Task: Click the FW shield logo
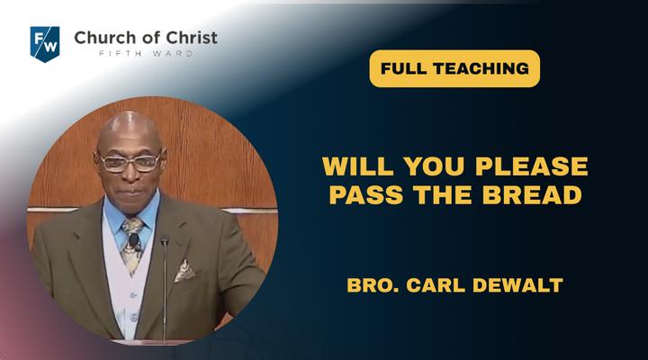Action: point(45,44)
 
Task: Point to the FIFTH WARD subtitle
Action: point(146,53)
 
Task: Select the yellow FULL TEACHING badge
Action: point(454,68)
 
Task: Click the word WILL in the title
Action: point(358,166)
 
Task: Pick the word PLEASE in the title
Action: point(532,166)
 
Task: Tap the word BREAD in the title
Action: point(532,194)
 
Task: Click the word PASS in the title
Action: point(366,194)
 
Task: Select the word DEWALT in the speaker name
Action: point(517,285)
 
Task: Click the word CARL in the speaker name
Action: point(436,285)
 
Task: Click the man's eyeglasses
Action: point(130,162)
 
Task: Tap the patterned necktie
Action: point(131,246)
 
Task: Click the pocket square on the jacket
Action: point(184,271)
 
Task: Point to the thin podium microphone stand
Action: point(165,289)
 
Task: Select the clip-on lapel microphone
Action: point(134,241)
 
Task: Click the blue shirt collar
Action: point(131,218)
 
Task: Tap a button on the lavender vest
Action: point(133,318)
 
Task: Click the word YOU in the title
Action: point(434,166)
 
